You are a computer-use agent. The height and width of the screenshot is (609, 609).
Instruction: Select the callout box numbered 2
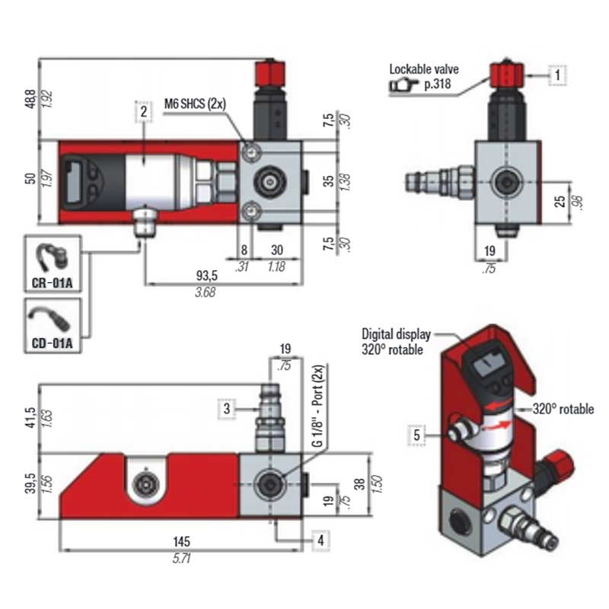coord(142,111)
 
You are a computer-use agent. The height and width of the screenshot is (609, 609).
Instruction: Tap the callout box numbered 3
coord(227,408)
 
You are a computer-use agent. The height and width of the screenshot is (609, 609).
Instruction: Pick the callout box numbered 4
coord(321,540)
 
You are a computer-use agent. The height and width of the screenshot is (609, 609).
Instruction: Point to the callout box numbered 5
coord(417,435)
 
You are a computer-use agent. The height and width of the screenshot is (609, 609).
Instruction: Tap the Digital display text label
coord(396,333)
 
